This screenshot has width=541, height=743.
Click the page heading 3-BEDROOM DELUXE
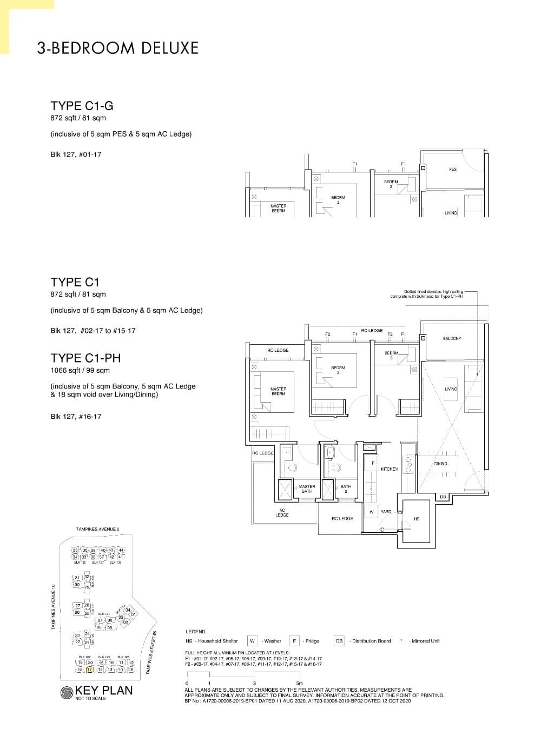[117, 48]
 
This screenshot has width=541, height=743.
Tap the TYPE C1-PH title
[85, 358]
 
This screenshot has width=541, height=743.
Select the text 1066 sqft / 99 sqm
[80, 371]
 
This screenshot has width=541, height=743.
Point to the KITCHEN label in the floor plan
[389, 469]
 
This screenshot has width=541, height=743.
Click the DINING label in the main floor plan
[440, 464]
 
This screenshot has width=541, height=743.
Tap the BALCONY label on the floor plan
[452, 338]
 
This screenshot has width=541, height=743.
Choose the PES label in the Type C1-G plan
[453, 169]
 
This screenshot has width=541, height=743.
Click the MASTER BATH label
[307, 488]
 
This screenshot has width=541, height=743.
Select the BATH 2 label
[346, 488]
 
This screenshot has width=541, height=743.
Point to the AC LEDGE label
[282, 513]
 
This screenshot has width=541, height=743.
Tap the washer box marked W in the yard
[372, 512]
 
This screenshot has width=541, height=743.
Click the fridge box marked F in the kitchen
[373, 463]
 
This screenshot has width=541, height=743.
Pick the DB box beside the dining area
[443, 497]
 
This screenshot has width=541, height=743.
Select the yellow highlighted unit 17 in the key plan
[90, 670]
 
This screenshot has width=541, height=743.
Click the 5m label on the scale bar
[299, 683]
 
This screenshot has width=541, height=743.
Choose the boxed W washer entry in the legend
[252, 641]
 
